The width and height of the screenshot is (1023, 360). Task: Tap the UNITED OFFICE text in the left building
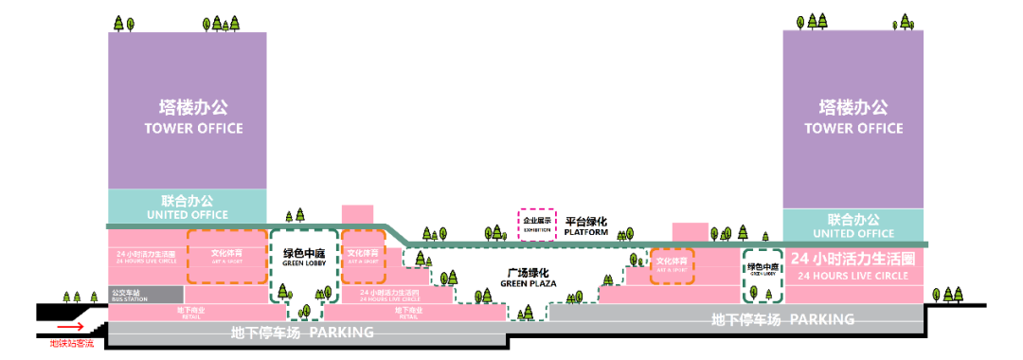coord(187,208)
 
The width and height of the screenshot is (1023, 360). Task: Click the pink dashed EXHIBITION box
coord(536,224)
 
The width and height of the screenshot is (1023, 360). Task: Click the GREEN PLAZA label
coord(528,278)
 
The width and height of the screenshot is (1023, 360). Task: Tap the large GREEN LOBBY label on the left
coord(303,258)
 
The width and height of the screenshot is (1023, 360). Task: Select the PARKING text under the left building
coord(303,333)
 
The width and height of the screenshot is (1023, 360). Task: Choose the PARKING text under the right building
coord(782,320)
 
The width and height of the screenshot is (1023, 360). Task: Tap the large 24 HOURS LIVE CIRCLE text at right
coord(854,265)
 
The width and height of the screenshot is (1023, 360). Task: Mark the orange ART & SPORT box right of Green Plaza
coord(673,263)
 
